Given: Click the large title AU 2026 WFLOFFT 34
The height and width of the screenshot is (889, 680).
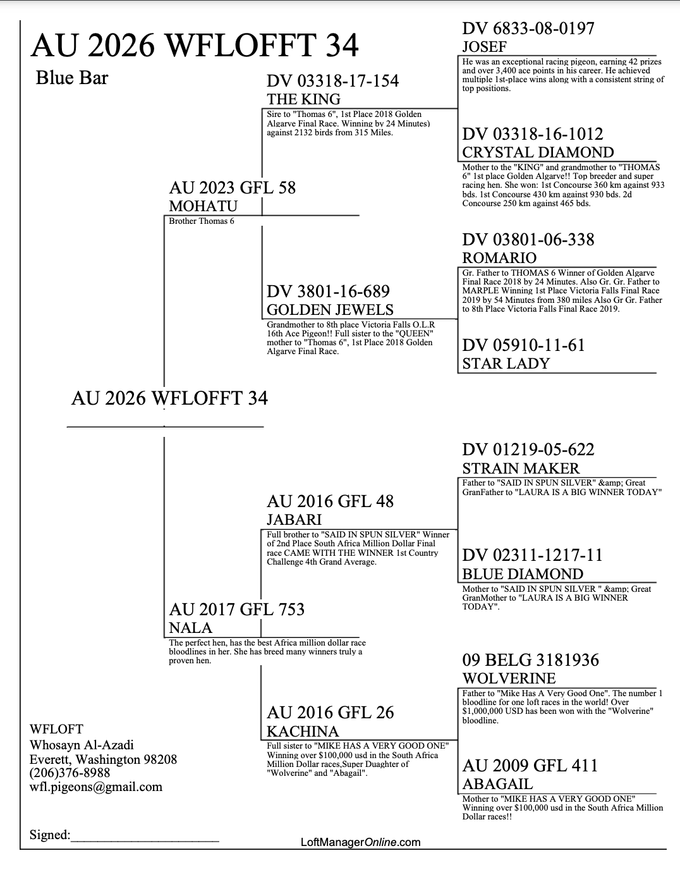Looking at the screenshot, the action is [194, 45].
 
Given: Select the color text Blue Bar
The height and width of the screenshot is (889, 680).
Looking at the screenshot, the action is [72, 78].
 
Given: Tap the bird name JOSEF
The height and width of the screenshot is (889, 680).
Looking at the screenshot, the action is [485, 47].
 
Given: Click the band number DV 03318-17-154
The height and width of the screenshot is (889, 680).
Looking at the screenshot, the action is [332, 81].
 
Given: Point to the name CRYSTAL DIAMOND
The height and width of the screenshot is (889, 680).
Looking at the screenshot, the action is [538, 152].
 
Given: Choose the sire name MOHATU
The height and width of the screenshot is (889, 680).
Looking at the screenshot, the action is [203, 206].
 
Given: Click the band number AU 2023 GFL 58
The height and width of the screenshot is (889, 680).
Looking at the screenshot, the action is [233, 188].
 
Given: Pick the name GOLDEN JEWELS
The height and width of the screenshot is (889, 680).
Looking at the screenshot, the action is [330, 310].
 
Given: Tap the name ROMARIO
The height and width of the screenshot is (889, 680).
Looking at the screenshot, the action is [499, 257].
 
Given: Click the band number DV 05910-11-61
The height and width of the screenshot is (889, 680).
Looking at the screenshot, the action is [523, 345].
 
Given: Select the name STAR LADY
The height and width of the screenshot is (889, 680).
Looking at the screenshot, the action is [506, 364].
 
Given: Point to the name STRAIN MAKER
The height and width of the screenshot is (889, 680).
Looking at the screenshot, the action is [521, 469].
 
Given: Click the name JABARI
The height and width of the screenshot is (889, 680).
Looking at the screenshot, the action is [294, 520].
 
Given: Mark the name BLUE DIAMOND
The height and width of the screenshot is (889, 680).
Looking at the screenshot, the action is [523, 574].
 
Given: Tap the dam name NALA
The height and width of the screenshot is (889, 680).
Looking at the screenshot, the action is [191, 628].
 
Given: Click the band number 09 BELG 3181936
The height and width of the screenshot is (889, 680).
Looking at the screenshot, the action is [531, 660].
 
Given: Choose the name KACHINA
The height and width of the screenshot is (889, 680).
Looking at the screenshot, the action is [303, 732].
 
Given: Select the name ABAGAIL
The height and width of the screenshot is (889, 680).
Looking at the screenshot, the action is [497, 784].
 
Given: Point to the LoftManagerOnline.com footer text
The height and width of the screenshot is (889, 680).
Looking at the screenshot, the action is [361, 842].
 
